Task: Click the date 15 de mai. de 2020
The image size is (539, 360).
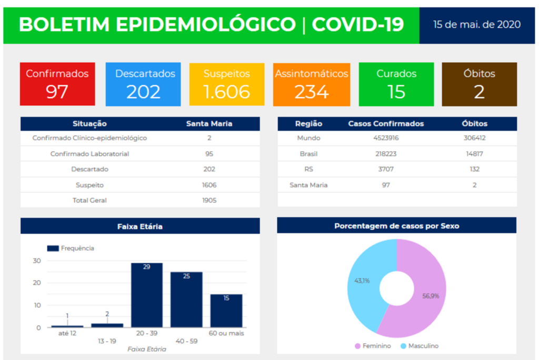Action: tap(477, 25)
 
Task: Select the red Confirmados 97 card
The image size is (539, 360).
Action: tap(57, 84)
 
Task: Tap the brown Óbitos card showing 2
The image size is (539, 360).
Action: tap(479, 84)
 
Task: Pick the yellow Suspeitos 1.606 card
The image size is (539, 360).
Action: tap(226, 84)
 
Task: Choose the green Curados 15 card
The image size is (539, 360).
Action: tap(396, 84)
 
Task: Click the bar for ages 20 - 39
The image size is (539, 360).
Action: tap(146, 295)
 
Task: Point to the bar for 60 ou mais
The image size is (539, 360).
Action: tap(226, 311)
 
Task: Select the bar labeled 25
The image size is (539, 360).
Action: tap(186, 299)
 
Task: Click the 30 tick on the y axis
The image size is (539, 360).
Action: tap(37, 261)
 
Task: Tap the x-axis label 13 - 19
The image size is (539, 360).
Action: tap(107, 341)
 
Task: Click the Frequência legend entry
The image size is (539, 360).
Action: tap(71, 248)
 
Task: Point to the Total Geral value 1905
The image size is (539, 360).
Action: tap(209, 201)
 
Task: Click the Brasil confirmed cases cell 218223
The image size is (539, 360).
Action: tap(386, 154)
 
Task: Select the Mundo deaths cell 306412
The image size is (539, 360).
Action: tap(474, 138)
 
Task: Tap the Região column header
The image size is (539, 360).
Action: tap(308, 124)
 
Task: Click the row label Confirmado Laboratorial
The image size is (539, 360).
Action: tap(89, 154)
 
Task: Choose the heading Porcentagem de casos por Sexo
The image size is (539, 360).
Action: tap(396, 226)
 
